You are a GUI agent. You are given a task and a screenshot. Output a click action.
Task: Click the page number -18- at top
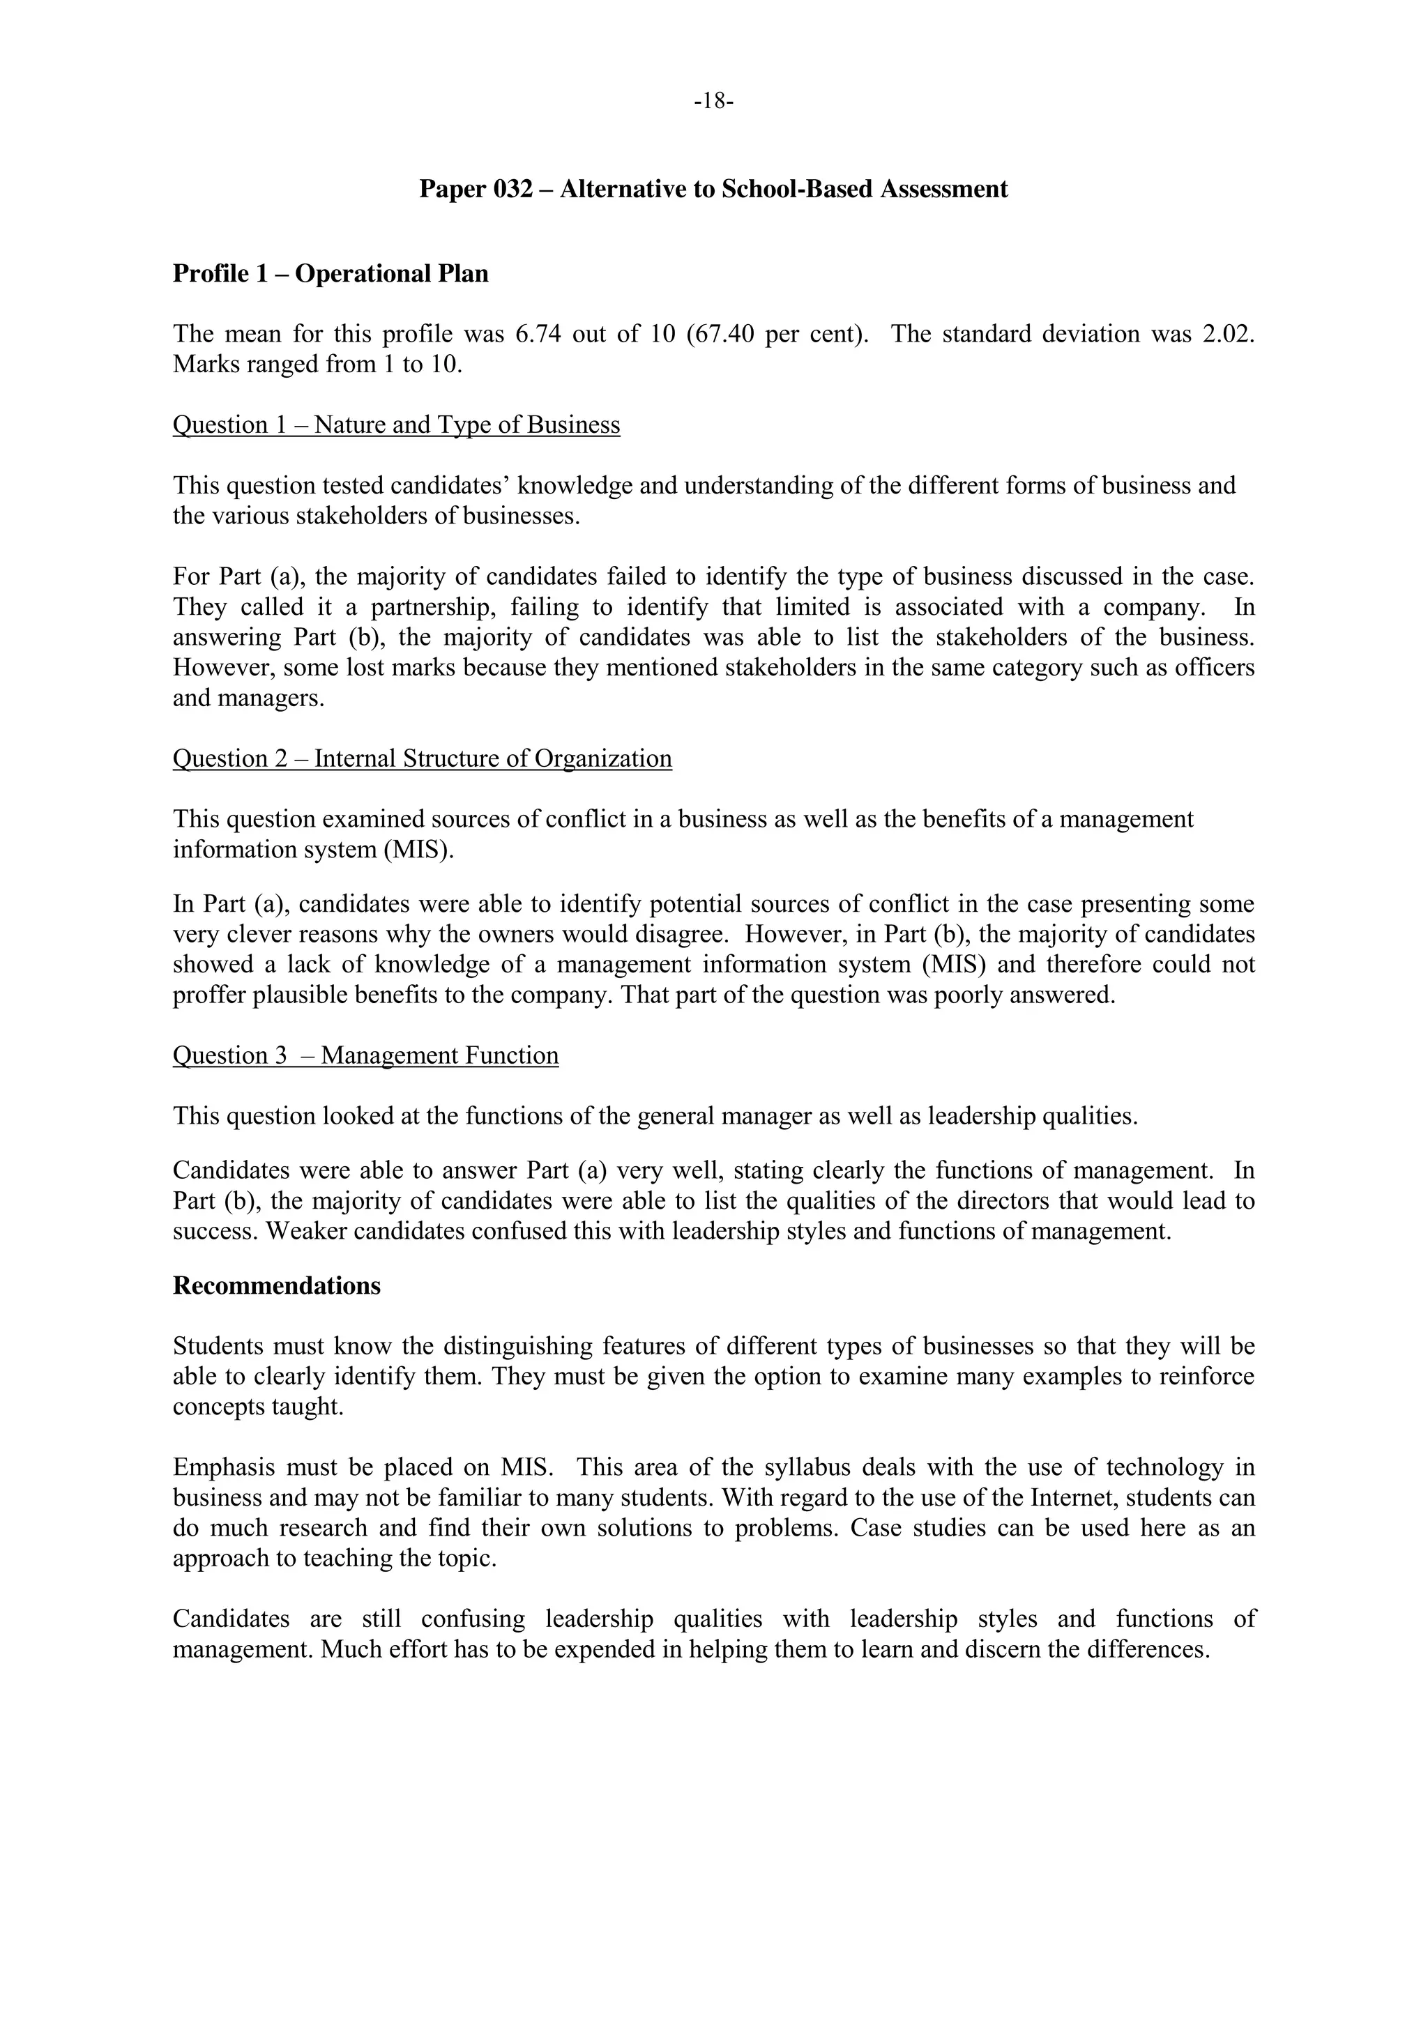[713, 102]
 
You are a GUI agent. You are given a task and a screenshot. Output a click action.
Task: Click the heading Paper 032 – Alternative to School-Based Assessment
[713, 189]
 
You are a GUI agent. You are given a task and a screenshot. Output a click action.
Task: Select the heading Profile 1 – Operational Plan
[331, 274]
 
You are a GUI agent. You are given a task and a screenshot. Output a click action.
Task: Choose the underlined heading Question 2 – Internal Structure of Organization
[422, 758]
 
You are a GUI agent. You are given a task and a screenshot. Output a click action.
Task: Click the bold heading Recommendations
[276, 1286]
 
